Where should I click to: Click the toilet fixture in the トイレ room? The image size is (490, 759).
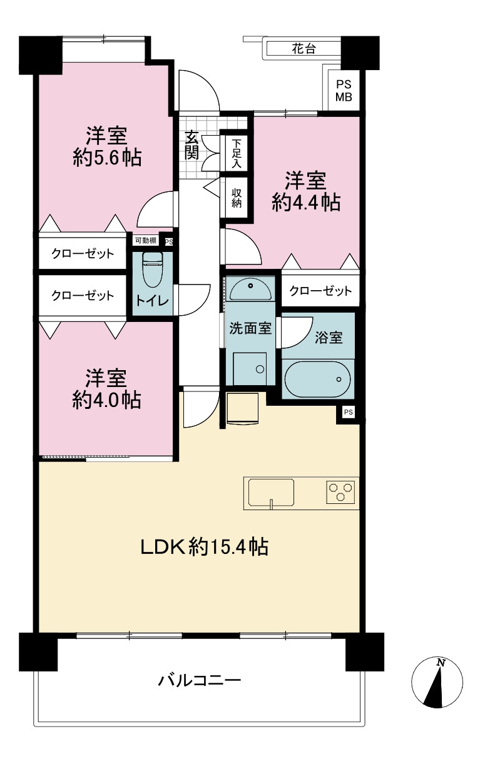pyautogui.click(x=153, y=269)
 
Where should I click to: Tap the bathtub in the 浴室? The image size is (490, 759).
pyautogui.click(x=318, y=379)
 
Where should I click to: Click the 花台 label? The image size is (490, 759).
pyautogui.click(x=304, y=49)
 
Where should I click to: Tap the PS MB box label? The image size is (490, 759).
pyautogui.click(x=344, y=91)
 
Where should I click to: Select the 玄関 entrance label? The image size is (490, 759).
pyautogui.click(x=191, y=144)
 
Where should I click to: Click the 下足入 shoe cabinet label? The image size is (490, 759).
pyautogui.click(x=237, y=154)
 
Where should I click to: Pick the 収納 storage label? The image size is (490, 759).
pyautogui.click(x=237, y=198)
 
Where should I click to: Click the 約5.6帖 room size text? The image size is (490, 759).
pyautogui.click(x=107, y=157)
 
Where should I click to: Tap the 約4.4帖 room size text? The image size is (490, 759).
pyautogui.click(x=306, y=203)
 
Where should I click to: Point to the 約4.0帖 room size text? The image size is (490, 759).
pyautogui.click(x=106, y=400)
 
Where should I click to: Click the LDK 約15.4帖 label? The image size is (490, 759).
pyautogui.click(x=205, y=546)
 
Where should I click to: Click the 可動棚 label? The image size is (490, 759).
pyautogui.click(x=146, y=241)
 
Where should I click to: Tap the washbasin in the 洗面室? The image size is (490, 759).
pyautogui.click(x=250, y=289)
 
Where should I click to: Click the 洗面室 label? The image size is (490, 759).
pyautogui.click(x=250, y=328)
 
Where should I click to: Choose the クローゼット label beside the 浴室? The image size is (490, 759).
pyautogui.click(x=320, y=291)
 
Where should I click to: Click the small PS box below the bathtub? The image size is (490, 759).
pyautogui.click(x=348, y=412)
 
